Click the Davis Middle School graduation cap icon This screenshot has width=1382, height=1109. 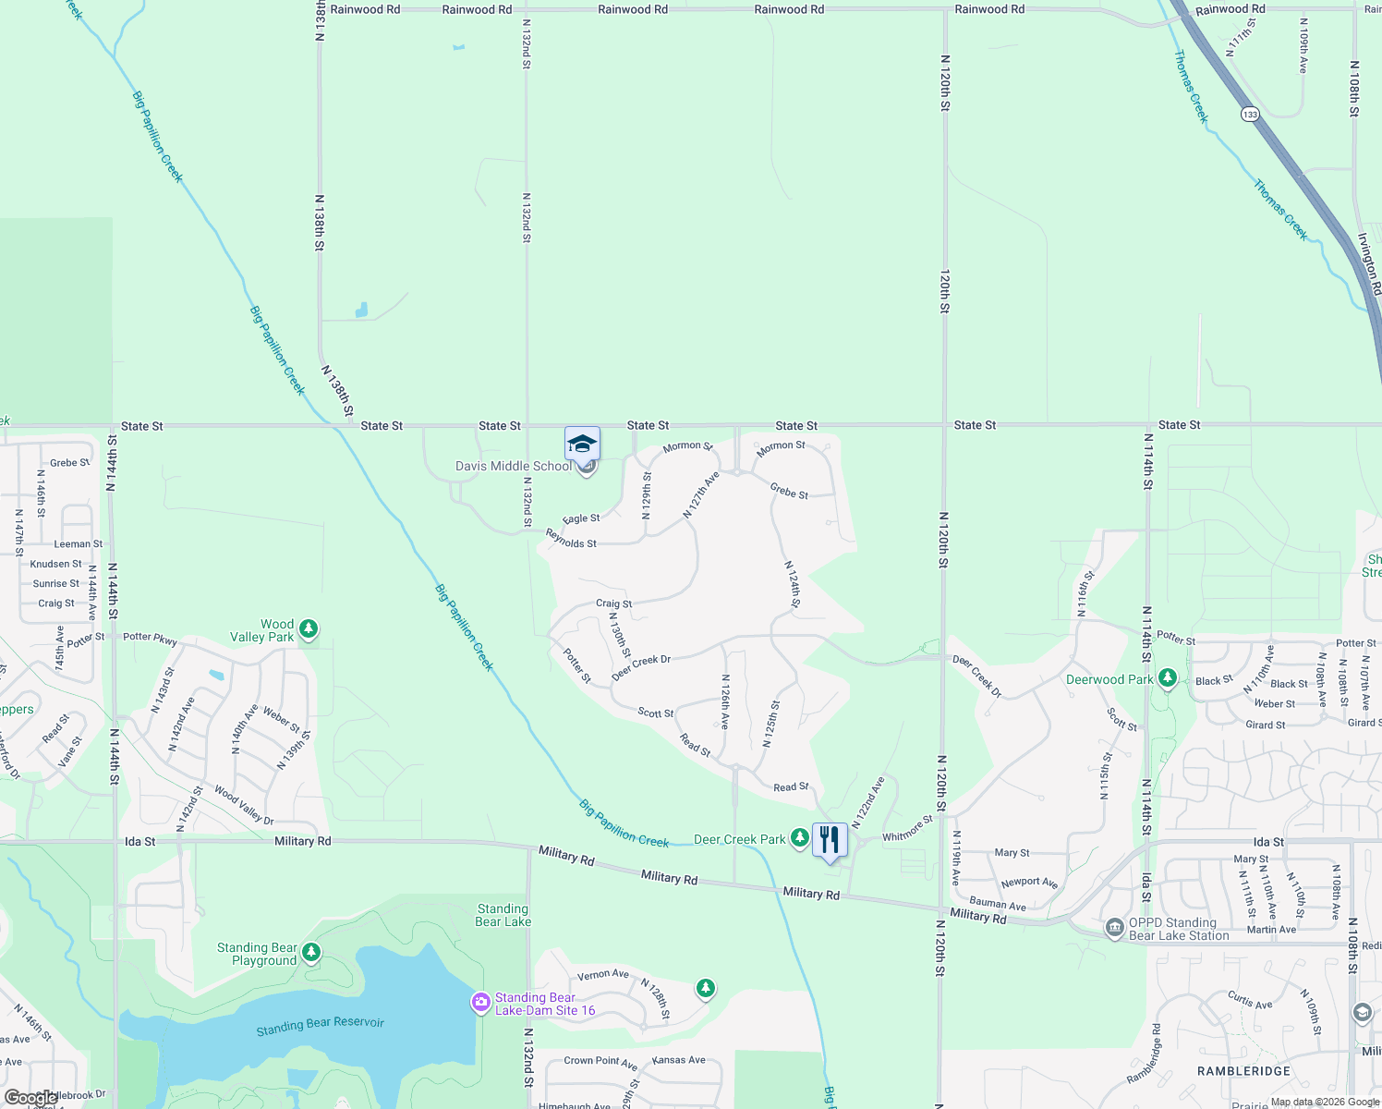pos(582,445)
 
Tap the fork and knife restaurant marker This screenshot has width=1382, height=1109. pos(830,840)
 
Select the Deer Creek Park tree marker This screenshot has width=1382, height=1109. pos(800,838)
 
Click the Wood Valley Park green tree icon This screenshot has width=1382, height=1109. pos(309,629)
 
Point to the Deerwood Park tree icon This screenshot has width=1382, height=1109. pos(1168,679)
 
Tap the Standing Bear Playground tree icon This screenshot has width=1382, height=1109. pos(311,952)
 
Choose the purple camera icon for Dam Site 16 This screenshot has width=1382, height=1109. pos(480,1003)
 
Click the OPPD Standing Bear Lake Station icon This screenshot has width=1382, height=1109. pos(1115,927)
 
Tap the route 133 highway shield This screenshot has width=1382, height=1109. pos(1250,115)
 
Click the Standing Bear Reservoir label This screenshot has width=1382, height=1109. pos(320,1025)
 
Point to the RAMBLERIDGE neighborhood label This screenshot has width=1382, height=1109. pos(1243,1071)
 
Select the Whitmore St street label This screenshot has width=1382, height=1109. pos(907,829)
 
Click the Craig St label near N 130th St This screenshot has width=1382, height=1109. pos(613,603)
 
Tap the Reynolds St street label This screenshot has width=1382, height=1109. pos(571,539)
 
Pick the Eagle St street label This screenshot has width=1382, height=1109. pos(581,518)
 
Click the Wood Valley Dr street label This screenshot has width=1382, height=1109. pos(244,805)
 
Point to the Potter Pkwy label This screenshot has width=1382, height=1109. pos(150,638)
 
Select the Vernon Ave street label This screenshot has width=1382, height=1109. pos(602,974)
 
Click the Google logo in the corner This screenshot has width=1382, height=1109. pos(31,1098)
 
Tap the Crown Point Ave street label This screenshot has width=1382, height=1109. pos(600,1061)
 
